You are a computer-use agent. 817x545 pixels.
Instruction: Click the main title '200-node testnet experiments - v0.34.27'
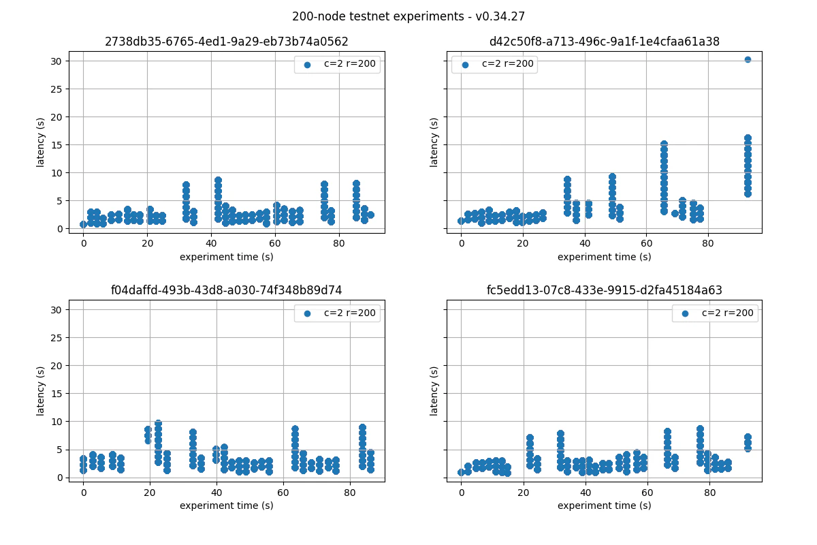(x=408, y=16)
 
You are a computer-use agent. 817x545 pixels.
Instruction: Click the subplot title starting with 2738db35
(x=227, y=42)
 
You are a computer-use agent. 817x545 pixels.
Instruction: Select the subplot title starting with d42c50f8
(x=604, y=42)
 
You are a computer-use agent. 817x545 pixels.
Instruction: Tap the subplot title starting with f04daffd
(x=227, y=290)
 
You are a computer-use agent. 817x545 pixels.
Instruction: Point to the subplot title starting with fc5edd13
(x=604, y=290)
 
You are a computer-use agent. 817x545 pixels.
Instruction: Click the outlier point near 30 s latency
(x=748, y=60)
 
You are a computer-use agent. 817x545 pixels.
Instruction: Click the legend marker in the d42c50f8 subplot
(x=465, y=65)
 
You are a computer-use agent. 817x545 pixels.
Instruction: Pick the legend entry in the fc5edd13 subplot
(x=715, y=313)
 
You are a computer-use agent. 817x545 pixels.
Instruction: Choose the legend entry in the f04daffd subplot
(x=337, y=313)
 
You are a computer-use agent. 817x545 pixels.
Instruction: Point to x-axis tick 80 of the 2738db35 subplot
(x=339, y=243)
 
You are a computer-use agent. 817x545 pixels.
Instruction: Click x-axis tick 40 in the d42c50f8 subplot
(x=585, y=243)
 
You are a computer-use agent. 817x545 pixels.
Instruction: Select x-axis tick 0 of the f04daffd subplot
(x=83, y=492)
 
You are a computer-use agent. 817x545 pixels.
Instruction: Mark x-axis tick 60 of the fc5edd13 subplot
(x=647, y=492)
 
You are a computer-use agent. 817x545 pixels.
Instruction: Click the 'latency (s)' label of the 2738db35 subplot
(x=41, y=142)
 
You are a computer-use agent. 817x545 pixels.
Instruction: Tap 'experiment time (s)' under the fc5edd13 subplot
(x=604, y=505)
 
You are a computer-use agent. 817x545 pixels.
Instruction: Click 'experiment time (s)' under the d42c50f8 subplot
(x=604, y=257)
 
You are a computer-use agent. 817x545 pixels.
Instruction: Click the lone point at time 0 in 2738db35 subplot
(x=83, y=224)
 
